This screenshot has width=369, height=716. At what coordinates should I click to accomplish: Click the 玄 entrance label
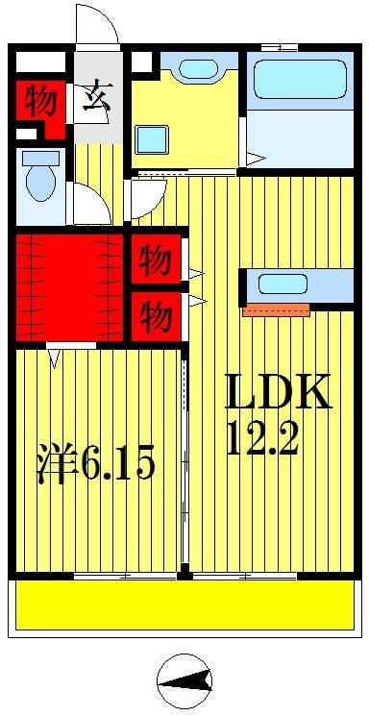point(95,101)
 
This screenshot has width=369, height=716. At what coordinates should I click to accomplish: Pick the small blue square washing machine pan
point(152,138)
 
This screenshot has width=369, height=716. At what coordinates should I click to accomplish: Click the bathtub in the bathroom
point(299,81)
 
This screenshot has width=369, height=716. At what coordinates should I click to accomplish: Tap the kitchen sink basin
point(283,284)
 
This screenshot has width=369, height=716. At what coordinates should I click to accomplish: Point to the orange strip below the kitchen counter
point(276,309)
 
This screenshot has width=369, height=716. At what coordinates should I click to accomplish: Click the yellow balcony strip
point(183,603)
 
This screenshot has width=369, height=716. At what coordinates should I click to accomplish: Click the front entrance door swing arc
point(96,24)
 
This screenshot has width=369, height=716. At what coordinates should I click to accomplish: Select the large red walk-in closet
point(70,285)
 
